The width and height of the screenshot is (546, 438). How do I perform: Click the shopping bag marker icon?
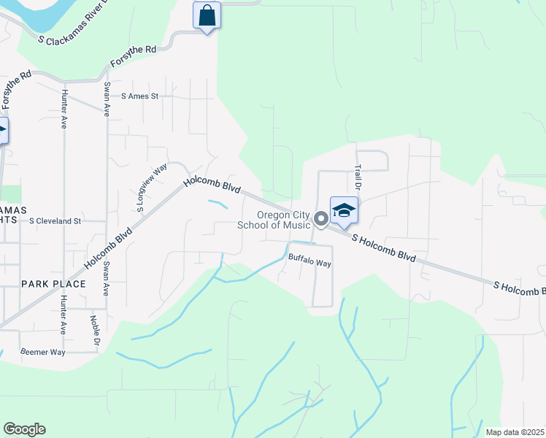207,15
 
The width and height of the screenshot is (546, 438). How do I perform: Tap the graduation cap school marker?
344,210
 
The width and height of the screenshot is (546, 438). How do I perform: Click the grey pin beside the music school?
320,219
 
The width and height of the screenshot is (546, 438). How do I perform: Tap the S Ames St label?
139,96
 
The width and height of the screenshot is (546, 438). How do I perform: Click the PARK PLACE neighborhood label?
53,283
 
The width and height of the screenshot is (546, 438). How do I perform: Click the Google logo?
24,429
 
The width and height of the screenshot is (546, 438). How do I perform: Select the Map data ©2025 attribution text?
515,432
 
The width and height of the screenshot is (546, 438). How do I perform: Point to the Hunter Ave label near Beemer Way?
64,314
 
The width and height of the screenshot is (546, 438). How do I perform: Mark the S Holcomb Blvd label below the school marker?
388,249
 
